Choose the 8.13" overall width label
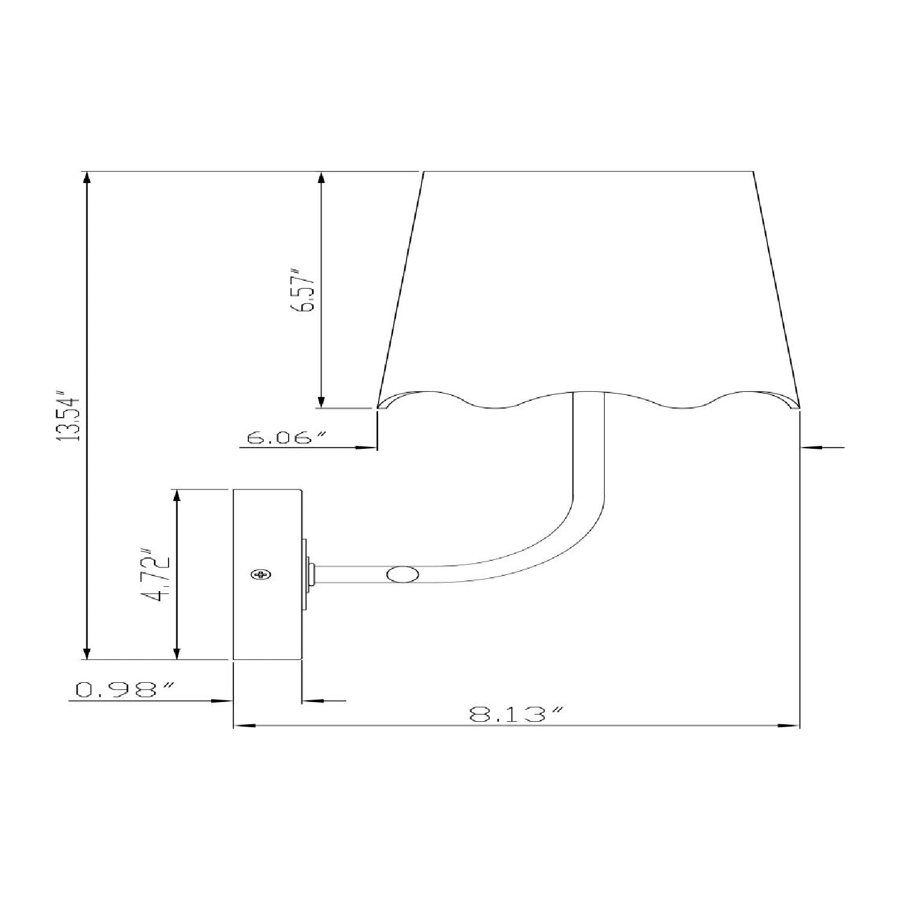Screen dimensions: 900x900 (517, 715)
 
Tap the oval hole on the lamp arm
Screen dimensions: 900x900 (403, 574)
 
